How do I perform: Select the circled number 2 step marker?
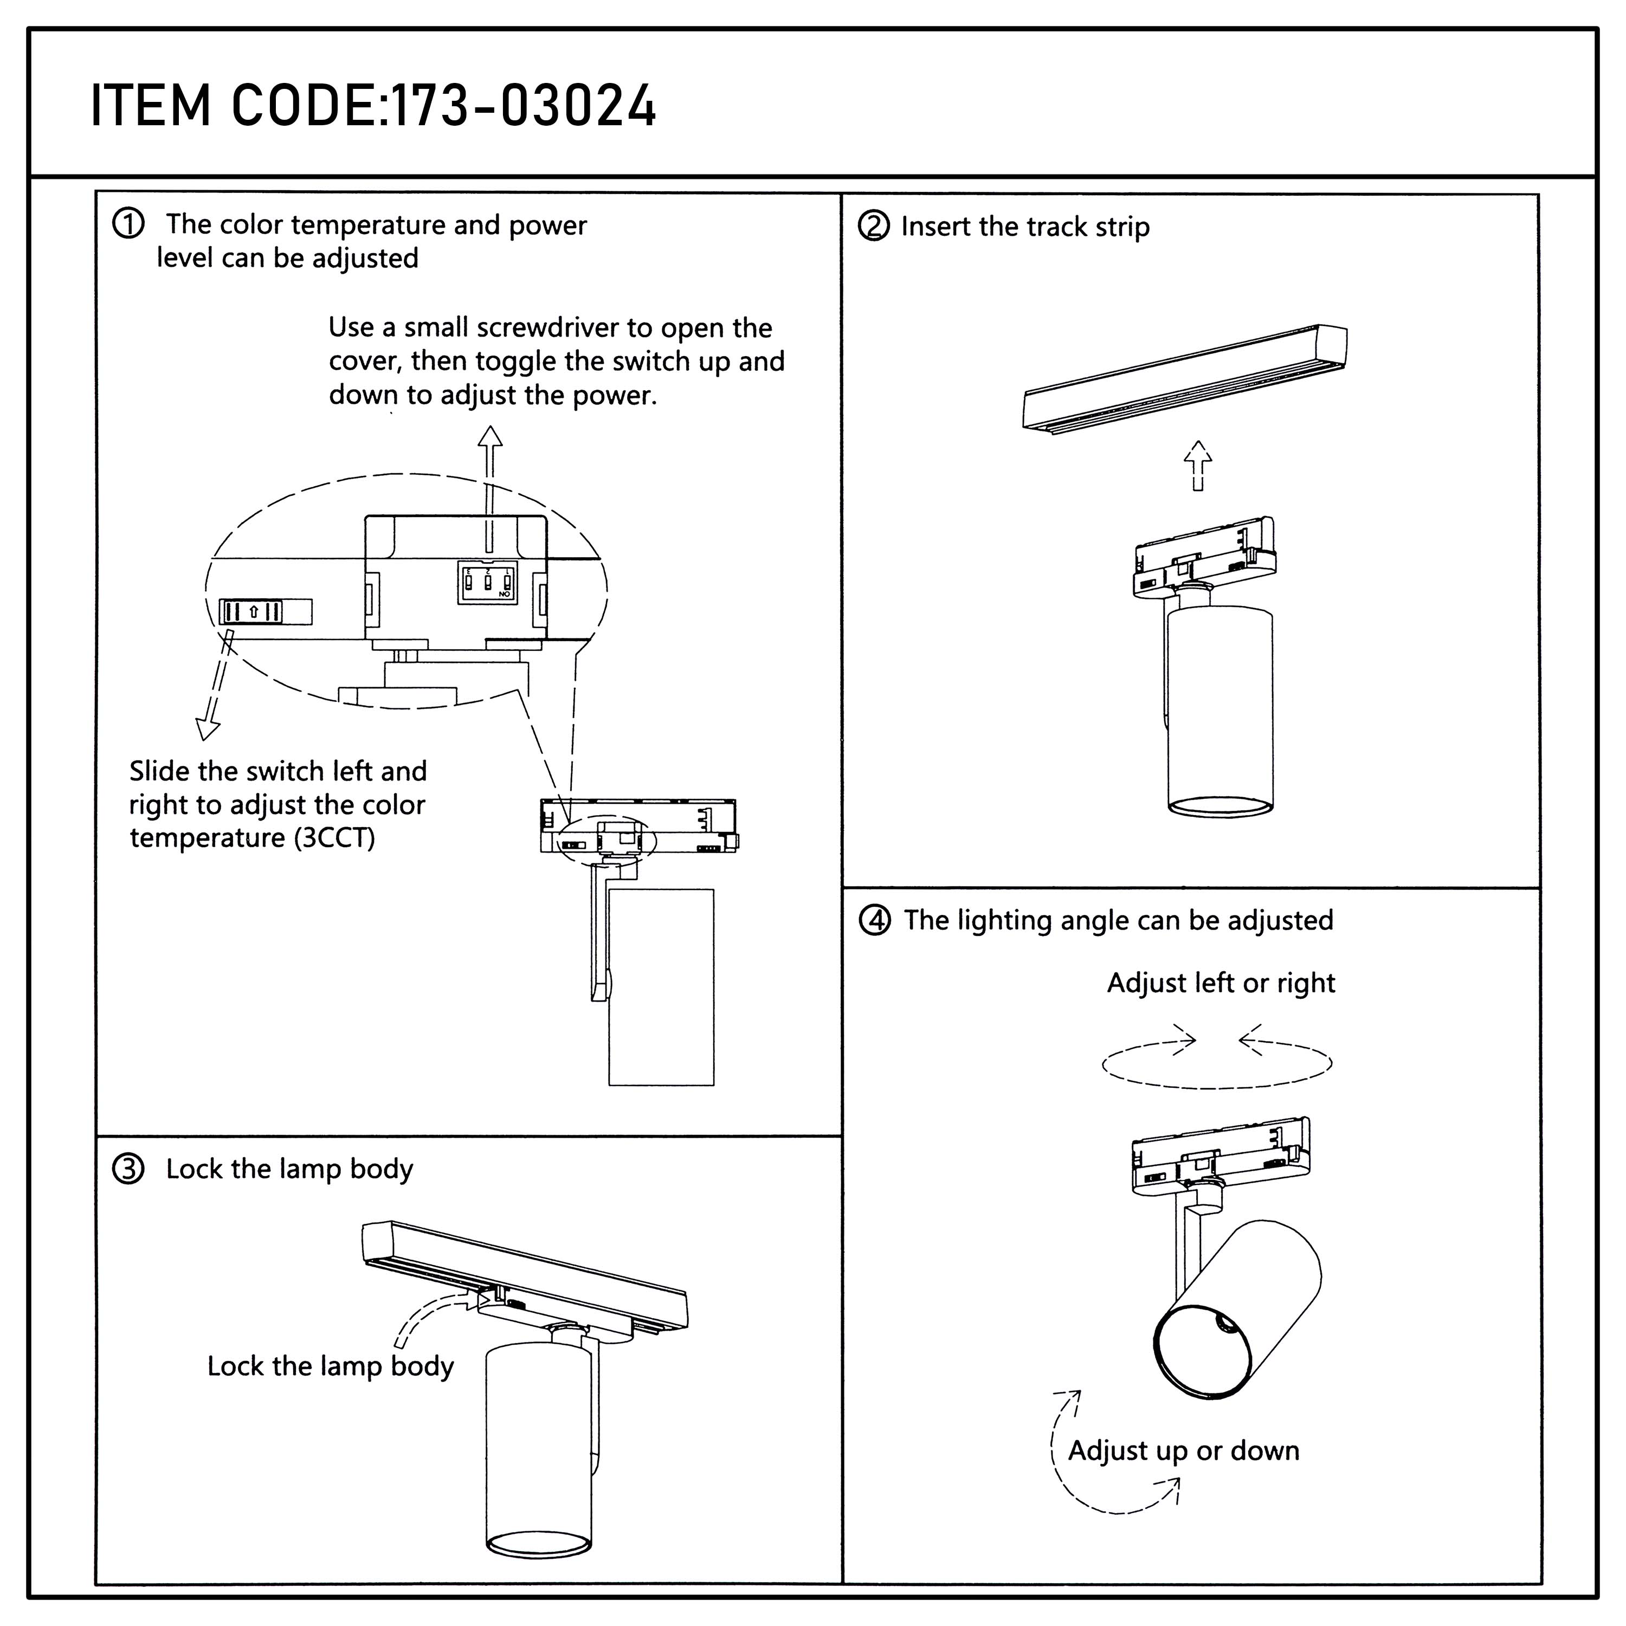[874, 227]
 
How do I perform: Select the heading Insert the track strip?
[1025, 227]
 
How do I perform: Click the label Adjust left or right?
[1221, 983]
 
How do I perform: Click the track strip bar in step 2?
[1184, 379]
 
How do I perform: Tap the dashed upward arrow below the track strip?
[1198, 466]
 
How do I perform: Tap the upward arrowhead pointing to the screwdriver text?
[490, 436]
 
